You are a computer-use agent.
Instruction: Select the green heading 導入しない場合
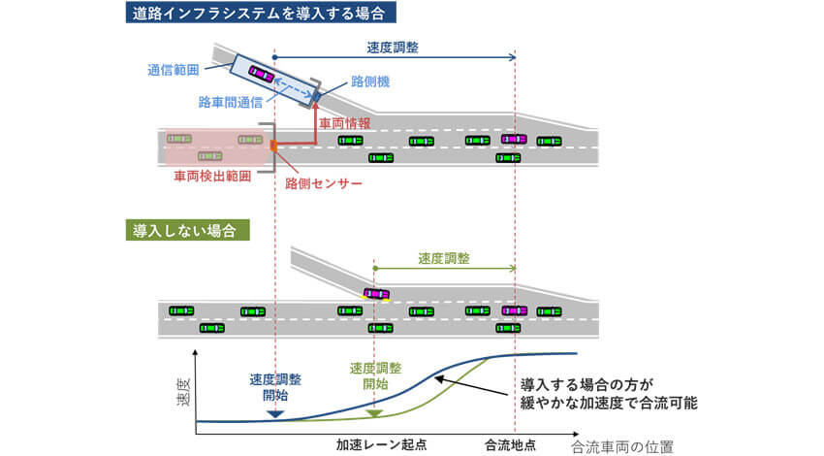pyautogui.click(x=189, y=230)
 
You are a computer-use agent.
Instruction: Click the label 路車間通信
pyautogui.click(x=232, y=100)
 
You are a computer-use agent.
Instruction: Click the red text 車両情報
pyautogui.click(x=344, y=123)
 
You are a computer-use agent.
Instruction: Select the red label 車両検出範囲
pyautogui.click(x=212, y=177)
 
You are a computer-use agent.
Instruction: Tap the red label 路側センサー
pyautogui.click(x=323, y=181)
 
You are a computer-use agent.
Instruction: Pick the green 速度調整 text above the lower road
pyautogui.click(x=444, y=258)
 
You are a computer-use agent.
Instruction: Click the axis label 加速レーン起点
pyautogui.click(x=381, y=443)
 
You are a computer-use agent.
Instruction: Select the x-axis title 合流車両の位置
pyautogui.click(x=621, y=446)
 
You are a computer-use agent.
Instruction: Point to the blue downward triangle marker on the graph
pyautogui.click(x=274, y=414)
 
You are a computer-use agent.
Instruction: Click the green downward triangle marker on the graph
pyautogui.click(x=374, y=413)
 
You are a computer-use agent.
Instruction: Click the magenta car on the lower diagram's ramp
pyautogui.click(x=376, y=293)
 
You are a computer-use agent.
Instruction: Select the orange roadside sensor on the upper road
pyautogui.click(x=274, y=146)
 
